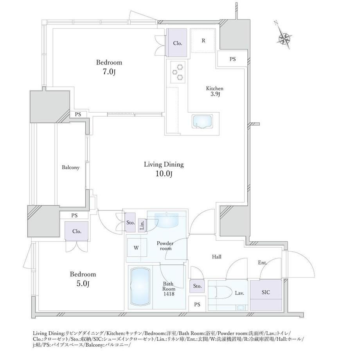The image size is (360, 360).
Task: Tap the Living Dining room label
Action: point(164,164)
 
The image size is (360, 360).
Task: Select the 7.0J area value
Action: point(109,72)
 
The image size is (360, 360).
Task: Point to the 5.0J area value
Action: point(83,284)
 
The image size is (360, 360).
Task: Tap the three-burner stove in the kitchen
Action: point(178,72)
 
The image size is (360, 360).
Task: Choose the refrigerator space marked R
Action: point(203,41)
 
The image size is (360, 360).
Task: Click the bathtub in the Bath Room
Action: point(140,287)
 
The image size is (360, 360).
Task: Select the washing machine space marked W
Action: point(137,247)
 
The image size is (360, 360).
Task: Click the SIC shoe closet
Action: point(266,295)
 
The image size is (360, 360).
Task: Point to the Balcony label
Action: point(70,167)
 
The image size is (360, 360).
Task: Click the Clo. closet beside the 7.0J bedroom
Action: point(178,43)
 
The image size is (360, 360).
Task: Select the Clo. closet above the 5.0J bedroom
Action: point(77,231)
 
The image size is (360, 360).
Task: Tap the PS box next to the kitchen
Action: point(232,59)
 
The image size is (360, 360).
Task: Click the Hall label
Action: point(216,257)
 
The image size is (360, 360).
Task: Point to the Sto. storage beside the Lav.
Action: point(197,286)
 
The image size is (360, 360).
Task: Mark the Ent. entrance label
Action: point(262,263)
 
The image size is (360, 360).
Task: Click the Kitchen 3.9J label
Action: point(214,91)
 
